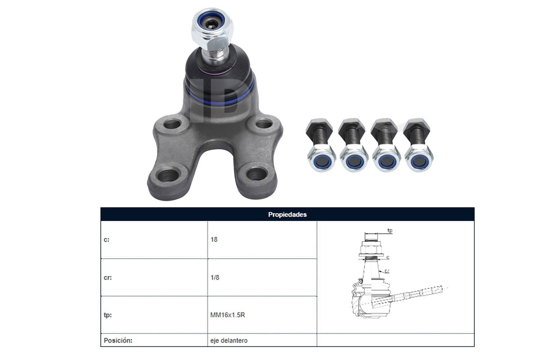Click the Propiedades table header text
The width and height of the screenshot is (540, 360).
pyautogui.click(x=288, y=215)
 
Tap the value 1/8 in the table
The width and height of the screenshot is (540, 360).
pyautogui.click(x=215, y=277)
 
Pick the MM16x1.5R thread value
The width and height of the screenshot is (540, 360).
pyautogui.click(x=228, y=315)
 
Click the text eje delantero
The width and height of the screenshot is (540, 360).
pyautogui.click(x=229, y=341)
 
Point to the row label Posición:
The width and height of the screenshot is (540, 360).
pyautogui.click(x=118, y=341)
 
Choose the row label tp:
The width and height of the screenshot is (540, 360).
pyautogui.click(x=108, y=315)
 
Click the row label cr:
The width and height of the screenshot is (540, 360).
pyautogui.click(x=108, y=278)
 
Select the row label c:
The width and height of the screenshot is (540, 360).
pyautogui.click(x=106, y=240)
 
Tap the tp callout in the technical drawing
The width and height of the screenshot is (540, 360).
pyautogui.click(x=390, y=230)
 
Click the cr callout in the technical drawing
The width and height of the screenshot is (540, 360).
pyautogui.click(x=387, y=271)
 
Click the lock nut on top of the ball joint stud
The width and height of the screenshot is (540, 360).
pyautogui.click(x=212, y=28)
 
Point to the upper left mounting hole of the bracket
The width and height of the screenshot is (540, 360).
pyautogui.click(x=172, y=124)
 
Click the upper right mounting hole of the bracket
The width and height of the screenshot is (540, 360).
pyautogui.click(x=264, y=124)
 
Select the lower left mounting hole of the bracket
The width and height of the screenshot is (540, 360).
pyautogui.click(x=168, y=175)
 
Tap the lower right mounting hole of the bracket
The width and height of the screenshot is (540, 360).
pyautogui.click(x=257, y=174)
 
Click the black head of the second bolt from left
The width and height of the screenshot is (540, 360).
pyautogui.click(x=351, y=127)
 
